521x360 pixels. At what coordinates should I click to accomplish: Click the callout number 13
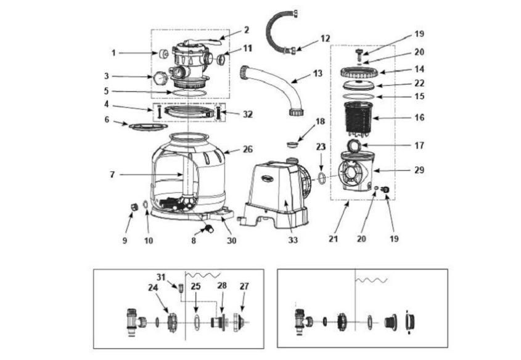[318, 73]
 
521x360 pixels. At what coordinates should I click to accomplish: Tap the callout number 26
[248, 149]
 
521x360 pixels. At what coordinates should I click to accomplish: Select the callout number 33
[293, 239]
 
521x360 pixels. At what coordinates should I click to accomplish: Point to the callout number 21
[334, 239]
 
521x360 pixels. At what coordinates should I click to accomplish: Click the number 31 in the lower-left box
[161, 277]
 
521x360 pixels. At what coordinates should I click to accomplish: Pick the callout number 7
[112, 174]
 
